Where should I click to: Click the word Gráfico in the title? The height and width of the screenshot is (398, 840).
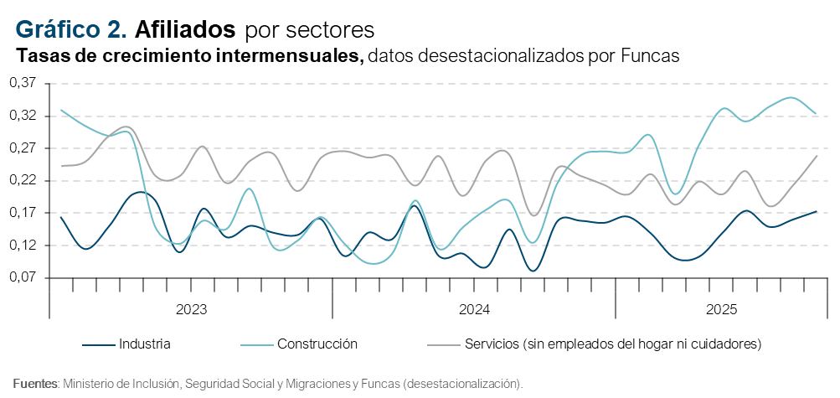click(x=56, y=30)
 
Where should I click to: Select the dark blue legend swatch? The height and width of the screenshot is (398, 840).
click(x=99, y=344)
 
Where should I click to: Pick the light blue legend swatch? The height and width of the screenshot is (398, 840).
click(x=257, y=344)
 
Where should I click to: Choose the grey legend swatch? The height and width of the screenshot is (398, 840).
click(x=444, y=344)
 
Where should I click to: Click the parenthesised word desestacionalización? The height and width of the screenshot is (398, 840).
click(x=461, y=384)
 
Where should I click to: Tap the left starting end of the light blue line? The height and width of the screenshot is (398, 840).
click(x=61, y=110)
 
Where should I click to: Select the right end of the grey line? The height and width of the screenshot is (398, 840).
click(x=817, y=156)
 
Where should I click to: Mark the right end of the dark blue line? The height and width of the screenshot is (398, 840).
click(x=817, y=212)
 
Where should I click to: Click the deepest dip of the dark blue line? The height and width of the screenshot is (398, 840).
click(x=532, y=271)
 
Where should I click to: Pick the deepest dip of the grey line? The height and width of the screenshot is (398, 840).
click(x=533, y=216)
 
